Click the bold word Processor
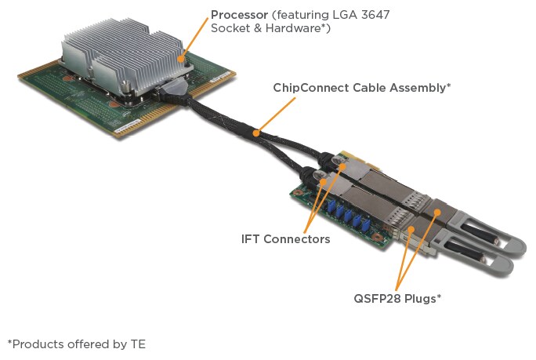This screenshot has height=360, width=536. click(240, 15)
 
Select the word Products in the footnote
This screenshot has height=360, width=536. click(35, 344)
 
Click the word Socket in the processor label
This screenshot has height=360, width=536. click(230, 29)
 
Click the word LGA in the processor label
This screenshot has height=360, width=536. click(335, 15)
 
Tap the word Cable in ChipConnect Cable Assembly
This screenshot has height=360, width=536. click(362, 88)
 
